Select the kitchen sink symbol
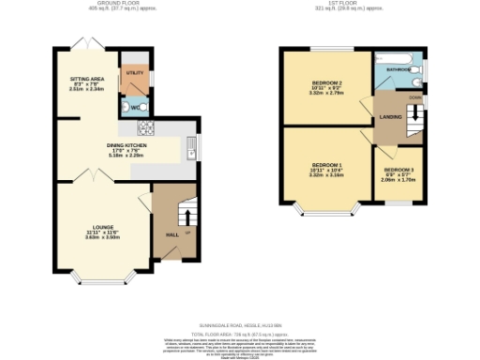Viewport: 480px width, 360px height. coord(191,147)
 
